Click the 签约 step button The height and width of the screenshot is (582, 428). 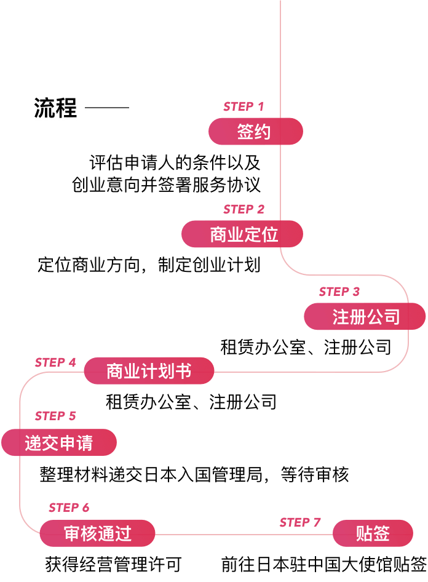(255, 132)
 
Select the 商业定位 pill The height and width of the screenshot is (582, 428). (242, 234)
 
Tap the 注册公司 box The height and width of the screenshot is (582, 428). (365, 317)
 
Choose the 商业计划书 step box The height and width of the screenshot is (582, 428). (149, 371)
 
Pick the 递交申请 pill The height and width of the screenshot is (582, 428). (59, 443)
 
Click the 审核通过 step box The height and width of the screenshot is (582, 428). (97, 533)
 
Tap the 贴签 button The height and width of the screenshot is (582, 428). (373, 533)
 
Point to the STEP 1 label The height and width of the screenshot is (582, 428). (244, 106)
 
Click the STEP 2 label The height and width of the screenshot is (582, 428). (244, 209)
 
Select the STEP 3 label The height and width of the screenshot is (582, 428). (339, 292)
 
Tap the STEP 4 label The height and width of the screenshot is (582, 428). (55, 362)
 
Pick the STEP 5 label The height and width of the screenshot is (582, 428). (55, 416)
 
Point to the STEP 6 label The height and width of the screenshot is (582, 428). (69, 508)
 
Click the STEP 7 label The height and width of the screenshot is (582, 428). (300, 522)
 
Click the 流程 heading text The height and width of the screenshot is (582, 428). (56, 109)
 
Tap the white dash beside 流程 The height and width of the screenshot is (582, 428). (107, 109)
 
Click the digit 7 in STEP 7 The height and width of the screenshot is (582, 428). (317, 522)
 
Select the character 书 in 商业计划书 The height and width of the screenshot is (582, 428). (183, 371)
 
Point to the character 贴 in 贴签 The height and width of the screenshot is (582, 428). (364, 533)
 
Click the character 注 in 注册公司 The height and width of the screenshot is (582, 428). (341, 317)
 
